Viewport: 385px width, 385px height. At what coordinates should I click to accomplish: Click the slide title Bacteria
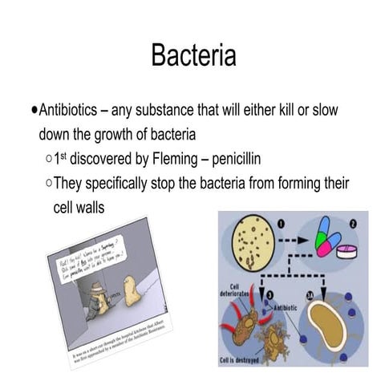pyautogui.click(x=192, y=56)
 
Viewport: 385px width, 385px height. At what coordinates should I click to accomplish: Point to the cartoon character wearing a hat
pyautogui.click(x=97, y=298)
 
